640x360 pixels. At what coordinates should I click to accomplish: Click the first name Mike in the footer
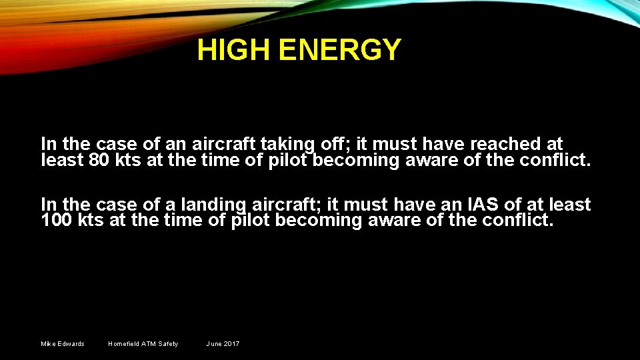click(x=49, y=344)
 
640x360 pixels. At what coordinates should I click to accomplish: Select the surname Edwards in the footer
click(x=72, y=344)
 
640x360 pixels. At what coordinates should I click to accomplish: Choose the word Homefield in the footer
click(x=124, y=344)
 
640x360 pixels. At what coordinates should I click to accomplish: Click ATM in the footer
click(x=149, y=344)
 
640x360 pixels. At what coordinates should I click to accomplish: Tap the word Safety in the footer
click(x=168, y=344)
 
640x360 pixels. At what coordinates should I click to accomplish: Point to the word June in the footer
click(x=214, y=344)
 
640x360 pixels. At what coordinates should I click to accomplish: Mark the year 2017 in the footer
click(x=231, y=344)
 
